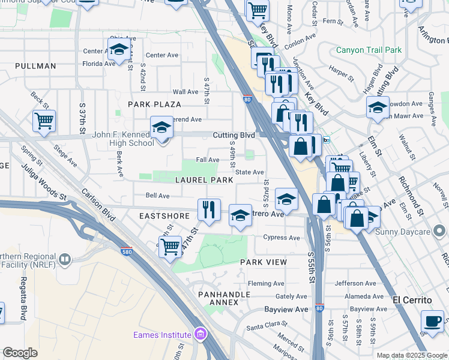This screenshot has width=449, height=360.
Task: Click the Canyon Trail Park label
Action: (369, 50)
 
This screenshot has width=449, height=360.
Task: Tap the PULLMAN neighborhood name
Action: (35, 66)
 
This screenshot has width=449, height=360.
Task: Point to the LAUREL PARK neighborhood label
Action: (204, 180)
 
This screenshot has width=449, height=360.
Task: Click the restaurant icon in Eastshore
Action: (208, 210)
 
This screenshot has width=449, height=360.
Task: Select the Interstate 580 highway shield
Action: (126, 253)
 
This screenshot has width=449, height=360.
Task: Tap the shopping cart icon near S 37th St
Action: (44, 121)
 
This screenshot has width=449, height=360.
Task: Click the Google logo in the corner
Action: (20, 353)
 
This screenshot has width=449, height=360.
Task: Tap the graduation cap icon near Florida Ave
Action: (119, 49)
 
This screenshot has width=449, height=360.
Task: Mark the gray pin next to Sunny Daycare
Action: (439, 230)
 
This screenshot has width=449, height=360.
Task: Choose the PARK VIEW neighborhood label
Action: (264, 262)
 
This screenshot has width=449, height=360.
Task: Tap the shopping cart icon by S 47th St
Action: (170, 246)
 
